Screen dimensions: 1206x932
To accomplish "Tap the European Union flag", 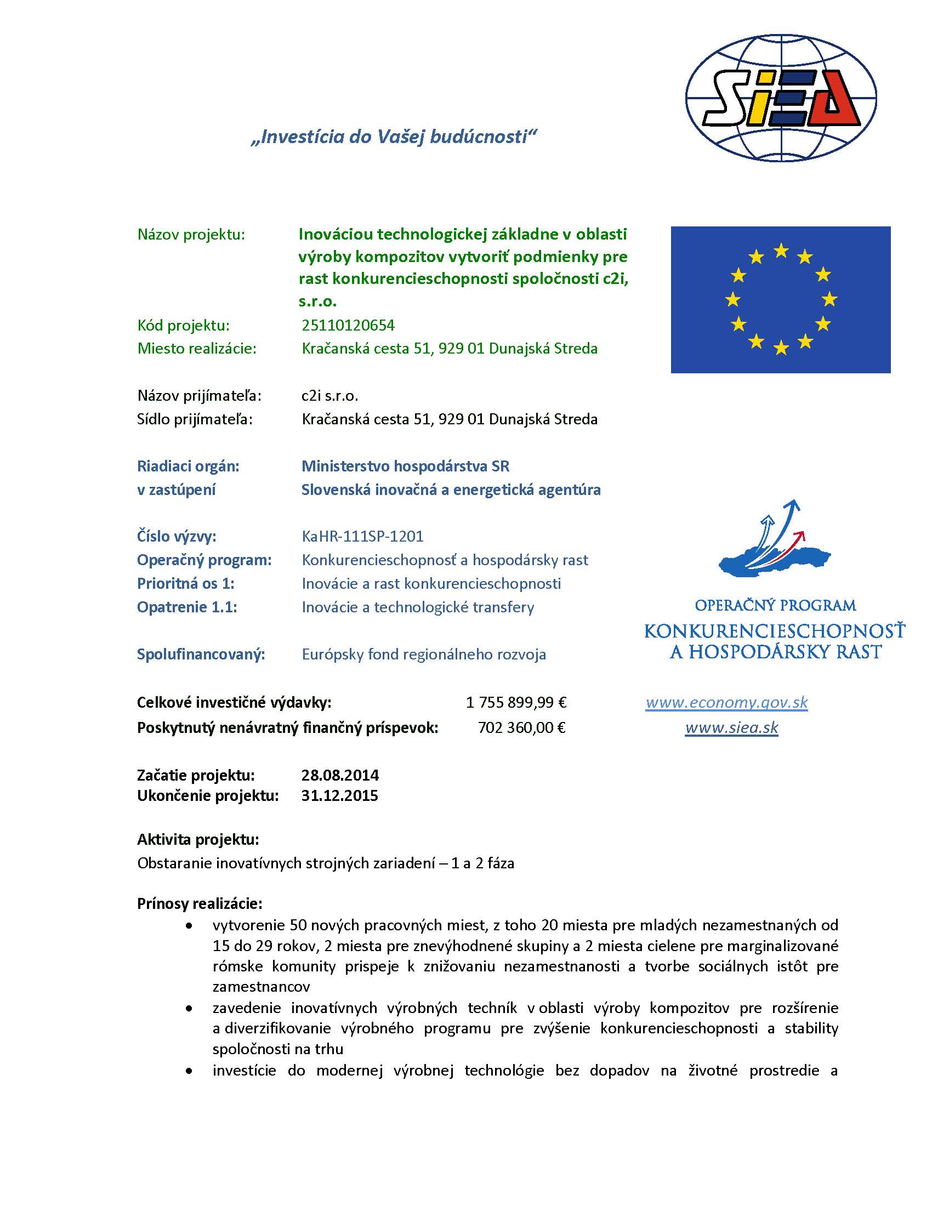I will click(x=780, y=299).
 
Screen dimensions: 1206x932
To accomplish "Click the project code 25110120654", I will click(x=348, y=325).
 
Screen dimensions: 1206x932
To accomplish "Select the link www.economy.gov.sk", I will click(x=726, y=702).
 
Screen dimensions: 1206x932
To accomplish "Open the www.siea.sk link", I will click(x=731, y=727).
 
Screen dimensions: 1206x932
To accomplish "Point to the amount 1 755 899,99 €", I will click(x=516, y=702).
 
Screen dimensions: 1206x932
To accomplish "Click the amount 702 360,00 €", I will click(x=521, y=727).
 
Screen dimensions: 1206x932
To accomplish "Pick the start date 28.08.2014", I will click(x=339, y=775).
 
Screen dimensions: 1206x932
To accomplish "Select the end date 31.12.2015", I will click(x=339, y=796).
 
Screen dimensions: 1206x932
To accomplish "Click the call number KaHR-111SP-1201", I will click(x=362, y=536).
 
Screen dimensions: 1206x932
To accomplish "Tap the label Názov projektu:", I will click(x=191, y=235).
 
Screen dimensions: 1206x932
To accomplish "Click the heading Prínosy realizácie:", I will click(x=200, y=903).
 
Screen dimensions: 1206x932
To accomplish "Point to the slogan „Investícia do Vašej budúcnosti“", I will click(x=394, y=136).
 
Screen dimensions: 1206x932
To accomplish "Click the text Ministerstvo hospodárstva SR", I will click(x=405, y=466).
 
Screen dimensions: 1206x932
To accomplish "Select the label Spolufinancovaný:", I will click(x=201, y=655).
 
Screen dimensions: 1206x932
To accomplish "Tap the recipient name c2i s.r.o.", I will click(x=329, y=395).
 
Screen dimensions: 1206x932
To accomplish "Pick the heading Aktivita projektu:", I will click(x=198, y=839).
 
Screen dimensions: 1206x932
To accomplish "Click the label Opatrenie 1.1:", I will click(x=186, y=607).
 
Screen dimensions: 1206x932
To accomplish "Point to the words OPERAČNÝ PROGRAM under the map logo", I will click(x=775, y=606).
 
